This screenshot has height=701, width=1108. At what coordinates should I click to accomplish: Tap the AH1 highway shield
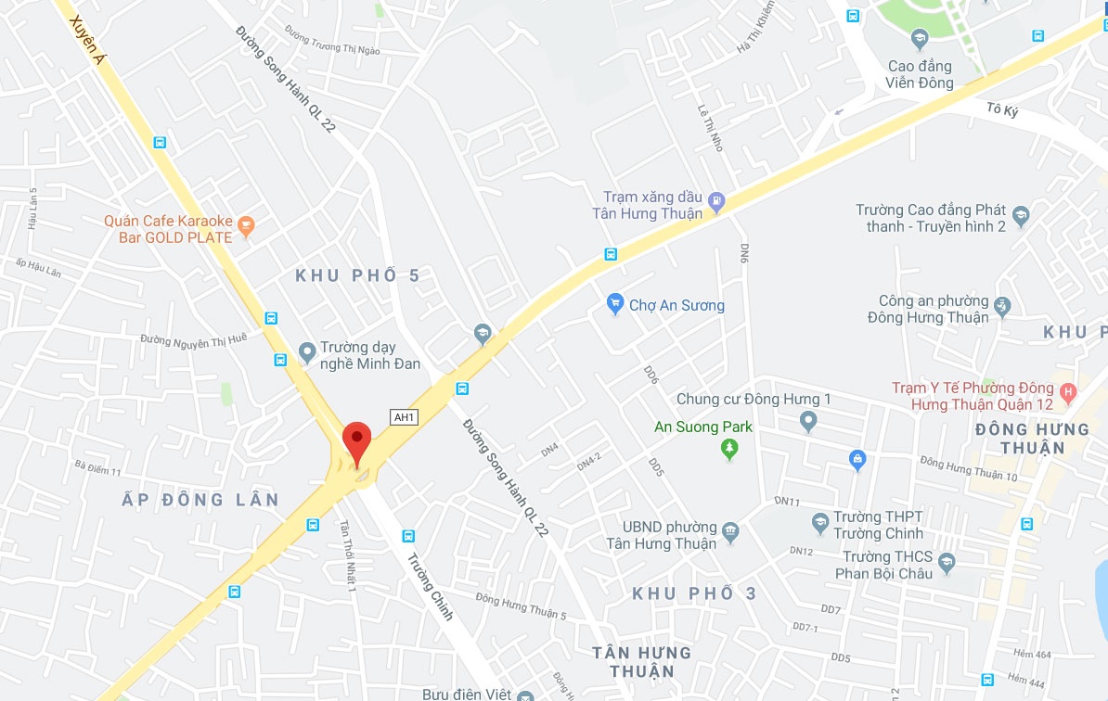404,417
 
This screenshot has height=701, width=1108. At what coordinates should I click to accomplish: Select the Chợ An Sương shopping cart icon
614,303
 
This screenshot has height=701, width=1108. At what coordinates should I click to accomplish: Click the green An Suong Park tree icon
730,450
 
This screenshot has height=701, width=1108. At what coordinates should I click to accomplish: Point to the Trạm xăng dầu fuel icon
715,200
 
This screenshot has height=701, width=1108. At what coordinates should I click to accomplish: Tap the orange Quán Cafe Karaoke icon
245,223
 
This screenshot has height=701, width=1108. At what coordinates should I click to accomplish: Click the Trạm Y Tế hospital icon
1068,392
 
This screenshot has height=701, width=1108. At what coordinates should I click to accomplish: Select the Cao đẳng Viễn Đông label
920,74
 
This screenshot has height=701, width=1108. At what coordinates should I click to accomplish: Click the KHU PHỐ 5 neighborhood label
358,275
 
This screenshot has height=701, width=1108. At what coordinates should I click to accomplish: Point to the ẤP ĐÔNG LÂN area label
200,500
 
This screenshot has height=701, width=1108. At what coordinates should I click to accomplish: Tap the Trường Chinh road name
430,587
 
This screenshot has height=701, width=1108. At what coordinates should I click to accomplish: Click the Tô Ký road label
1002,109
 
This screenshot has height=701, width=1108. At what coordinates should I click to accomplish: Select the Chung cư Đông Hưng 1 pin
808,422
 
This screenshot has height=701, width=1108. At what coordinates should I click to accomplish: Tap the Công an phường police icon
1002,305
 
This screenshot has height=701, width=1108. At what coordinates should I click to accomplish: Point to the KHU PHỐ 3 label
695,593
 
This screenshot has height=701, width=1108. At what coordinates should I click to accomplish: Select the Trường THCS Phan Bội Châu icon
946,562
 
